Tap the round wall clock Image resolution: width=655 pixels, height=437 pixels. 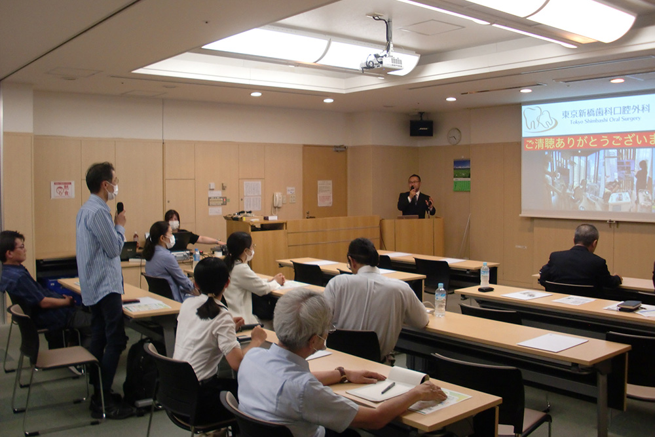coord(454,136)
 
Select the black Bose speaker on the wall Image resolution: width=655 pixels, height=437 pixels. coord(421,128)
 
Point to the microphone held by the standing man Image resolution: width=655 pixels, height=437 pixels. coord(120,208)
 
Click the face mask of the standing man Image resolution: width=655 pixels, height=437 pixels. coord(113,191)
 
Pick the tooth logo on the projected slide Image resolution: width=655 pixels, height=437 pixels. coord(540,119)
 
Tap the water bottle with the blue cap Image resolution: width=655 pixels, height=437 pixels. coord(485,274)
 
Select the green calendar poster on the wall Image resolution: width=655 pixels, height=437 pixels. coord(462,175)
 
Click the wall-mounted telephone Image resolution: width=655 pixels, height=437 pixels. coord(278,199)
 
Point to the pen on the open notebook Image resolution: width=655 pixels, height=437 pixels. coord(388,387)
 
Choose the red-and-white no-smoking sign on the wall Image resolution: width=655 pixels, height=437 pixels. coord(62,189)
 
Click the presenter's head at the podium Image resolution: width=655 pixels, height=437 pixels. coord(415,183)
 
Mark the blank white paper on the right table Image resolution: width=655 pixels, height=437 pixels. coord(553,342)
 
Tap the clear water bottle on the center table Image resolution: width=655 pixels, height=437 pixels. coord(440,300)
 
